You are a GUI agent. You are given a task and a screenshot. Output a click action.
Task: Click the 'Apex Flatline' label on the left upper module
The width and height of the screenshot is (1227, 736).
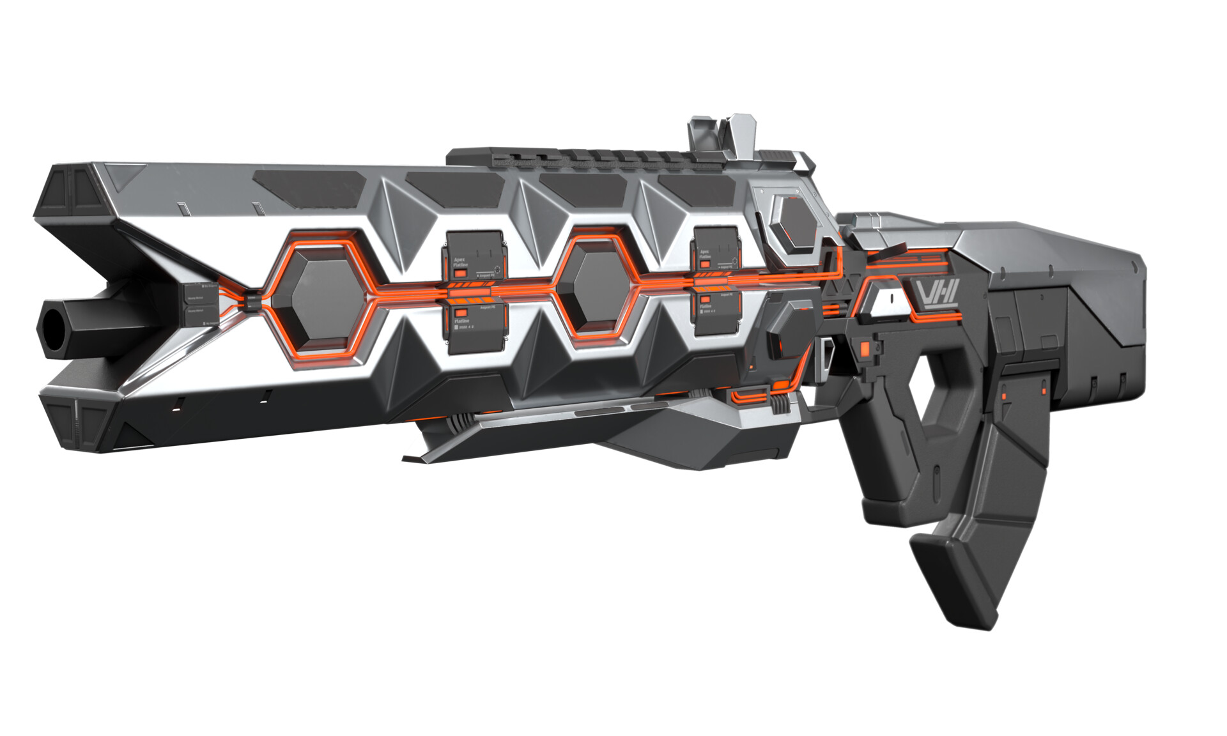pyautogui.click(x=461, y=263)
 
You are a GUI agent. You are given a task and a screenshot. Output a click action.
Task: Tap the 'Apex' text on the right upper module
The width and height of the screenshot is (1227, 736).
pyautogui.click(x=704, y=252)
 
